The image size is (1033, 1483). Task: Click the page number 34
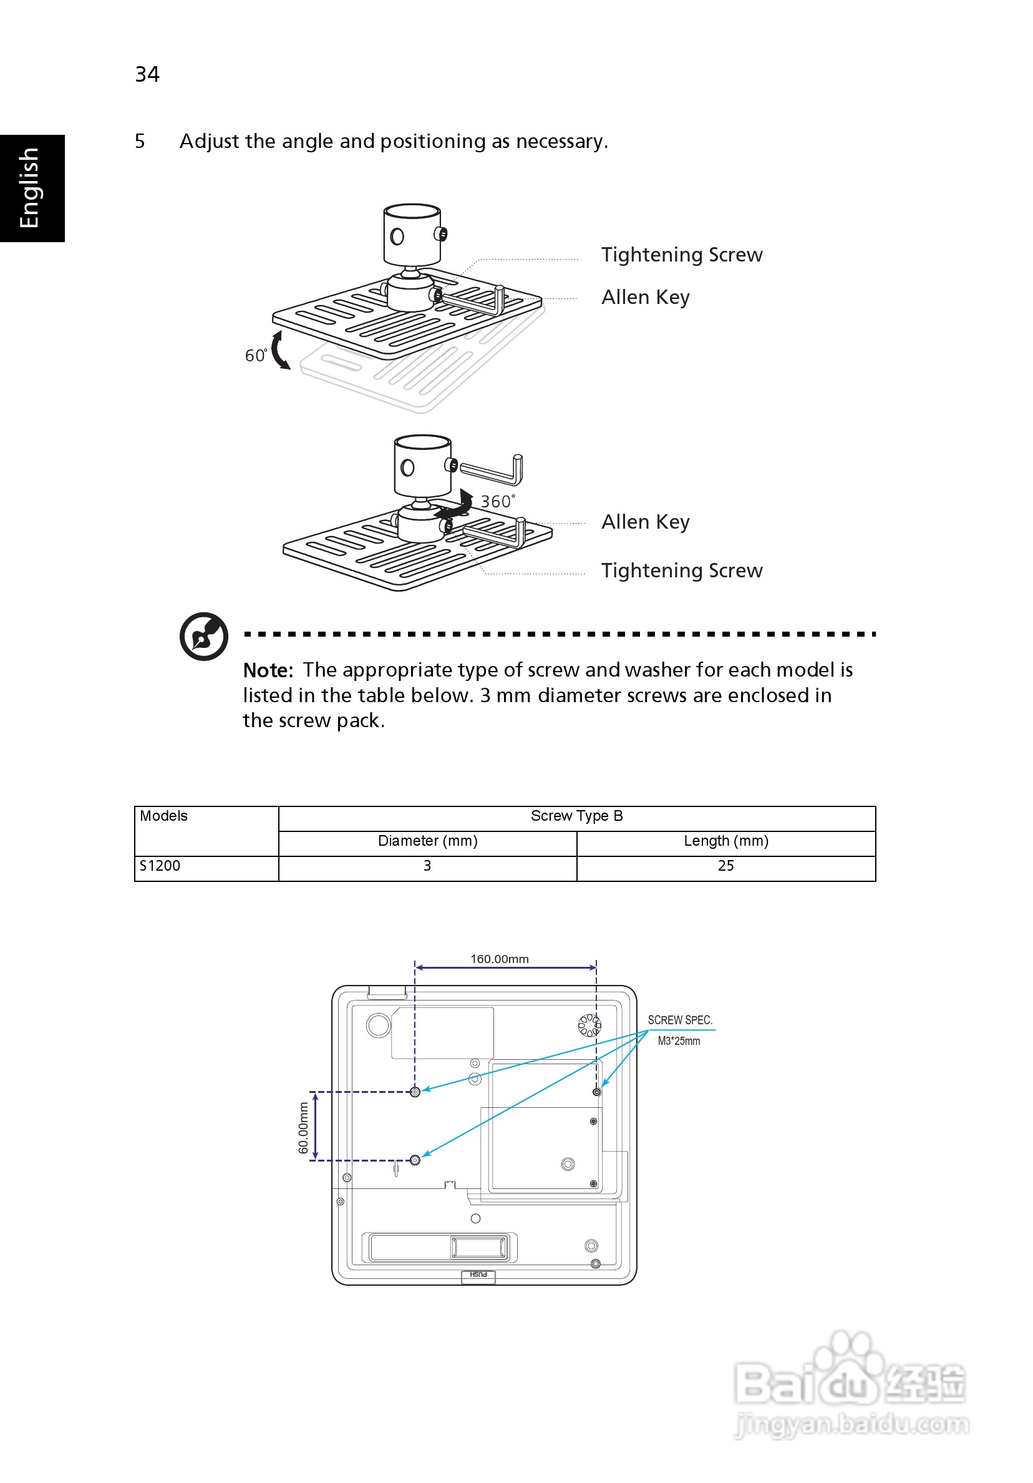[147, 74]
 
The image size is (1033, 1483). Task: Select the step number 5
[140, 141]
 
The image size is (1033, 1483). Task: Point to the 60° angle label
[256, 355]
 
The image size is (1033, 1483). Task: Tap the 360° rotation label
[498, 501]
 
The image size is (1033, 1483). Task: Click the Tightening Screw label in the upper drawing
[681, 255]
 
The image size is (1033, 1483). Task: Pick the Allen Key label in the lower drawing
[645, 521]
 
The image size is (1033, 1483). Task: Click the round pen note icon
[203, 636]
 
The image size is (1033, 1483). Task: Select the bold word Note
[267, 670]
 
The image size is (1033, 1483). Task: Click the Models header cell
[164, 816]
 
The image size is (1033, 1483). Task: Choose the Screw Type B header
[576, 816]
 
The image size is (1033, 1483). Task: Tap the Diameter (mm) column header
[427, 841]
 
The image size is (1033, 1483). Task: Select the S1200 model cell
[160, 866]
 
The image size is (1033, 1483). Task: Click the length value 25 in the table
[725, 866]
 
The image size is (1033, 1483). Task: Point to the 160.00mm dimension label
[499, 959]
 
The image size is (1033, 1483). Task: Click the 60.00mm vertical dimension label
[303, 1128]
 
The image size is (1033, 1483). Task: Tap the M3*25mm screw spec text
[678, 1041]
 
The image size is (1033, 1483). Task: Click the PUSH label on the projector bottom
[478, 1275]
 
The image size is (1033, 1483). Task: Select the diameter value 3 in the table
[427, 866]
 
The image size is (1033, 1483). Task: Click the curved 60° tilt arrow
[279, 350]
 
